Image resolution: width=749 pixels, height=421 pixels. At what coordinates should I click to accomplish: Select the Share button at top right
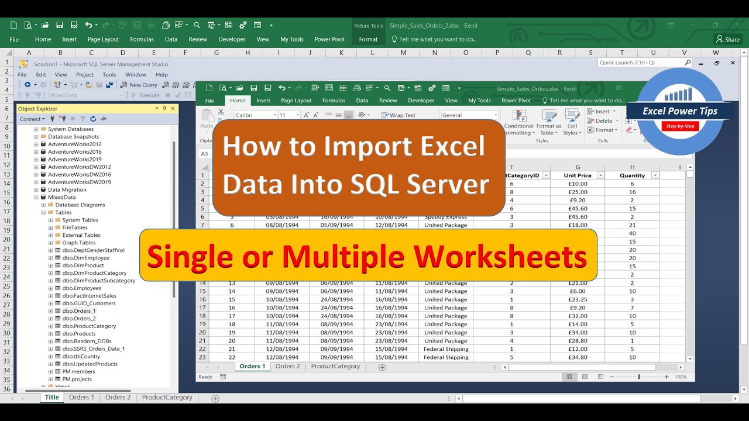pos(728,39)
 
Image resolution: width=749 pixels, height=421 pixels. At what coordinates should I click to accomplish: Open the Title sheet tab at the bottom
pos(52,398)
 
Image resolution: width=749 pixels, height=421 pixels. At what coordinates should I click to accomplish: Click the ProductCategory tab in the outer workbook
pos(167,398)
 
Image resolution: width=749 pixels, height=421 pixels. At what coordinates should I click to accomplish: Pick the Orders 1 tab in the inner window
pos(252,367)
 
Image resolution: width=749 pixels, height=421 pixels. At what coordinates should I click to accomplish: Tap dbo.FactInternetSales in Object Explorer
pos(89,296)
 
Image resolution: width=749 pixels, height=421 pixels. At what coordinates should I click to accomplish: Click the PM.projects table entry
pos(77,379)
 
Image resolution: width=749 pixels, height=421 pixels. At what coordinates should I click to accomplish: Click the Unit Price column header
pos(577,175)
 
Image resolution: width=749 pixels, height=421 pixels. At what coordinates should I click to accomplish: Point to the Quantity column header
pos(632,175)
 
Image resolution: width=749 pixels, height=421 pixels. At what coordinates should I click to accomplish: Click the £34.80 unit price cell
pos(577,357)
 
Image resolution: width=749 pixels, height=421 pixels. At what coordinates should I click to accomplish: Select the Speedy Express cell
pos(446,217)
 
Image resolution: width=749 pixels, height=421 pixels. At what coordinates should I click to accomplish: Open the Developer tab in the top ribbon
pos(232,39)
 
